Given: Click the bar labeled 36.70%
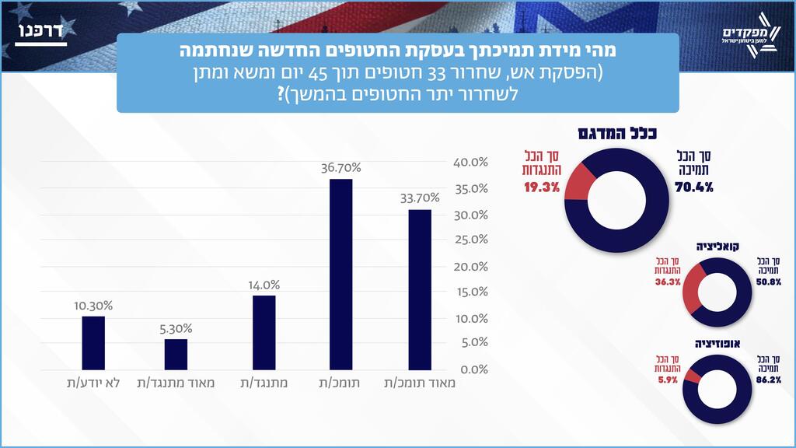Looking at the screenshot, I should tap(341, 274).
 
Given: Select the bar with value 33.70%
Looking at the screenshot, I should tap(420, 289).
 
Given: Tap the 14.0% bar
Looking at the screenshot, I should tap(264, 332).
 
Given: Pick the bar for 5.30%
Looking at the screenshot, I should tap(176, 354).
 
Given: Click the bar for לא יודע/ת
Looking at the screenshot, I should tap(93, 342).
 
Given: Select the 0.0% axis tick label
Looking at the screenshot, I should tap(471, 369).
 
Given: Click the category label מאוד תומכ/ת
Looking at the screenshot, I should tap(420, 383).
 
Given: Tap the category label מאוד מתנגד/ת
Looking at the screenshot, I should tap(176, 383).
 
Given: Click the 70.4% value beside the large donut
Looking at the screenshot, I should tap(695, 187).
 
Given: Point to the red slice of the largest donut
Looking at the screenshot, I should tap(579, 184).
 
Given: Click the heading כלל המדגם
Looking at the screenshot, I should tap(617, 133).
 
